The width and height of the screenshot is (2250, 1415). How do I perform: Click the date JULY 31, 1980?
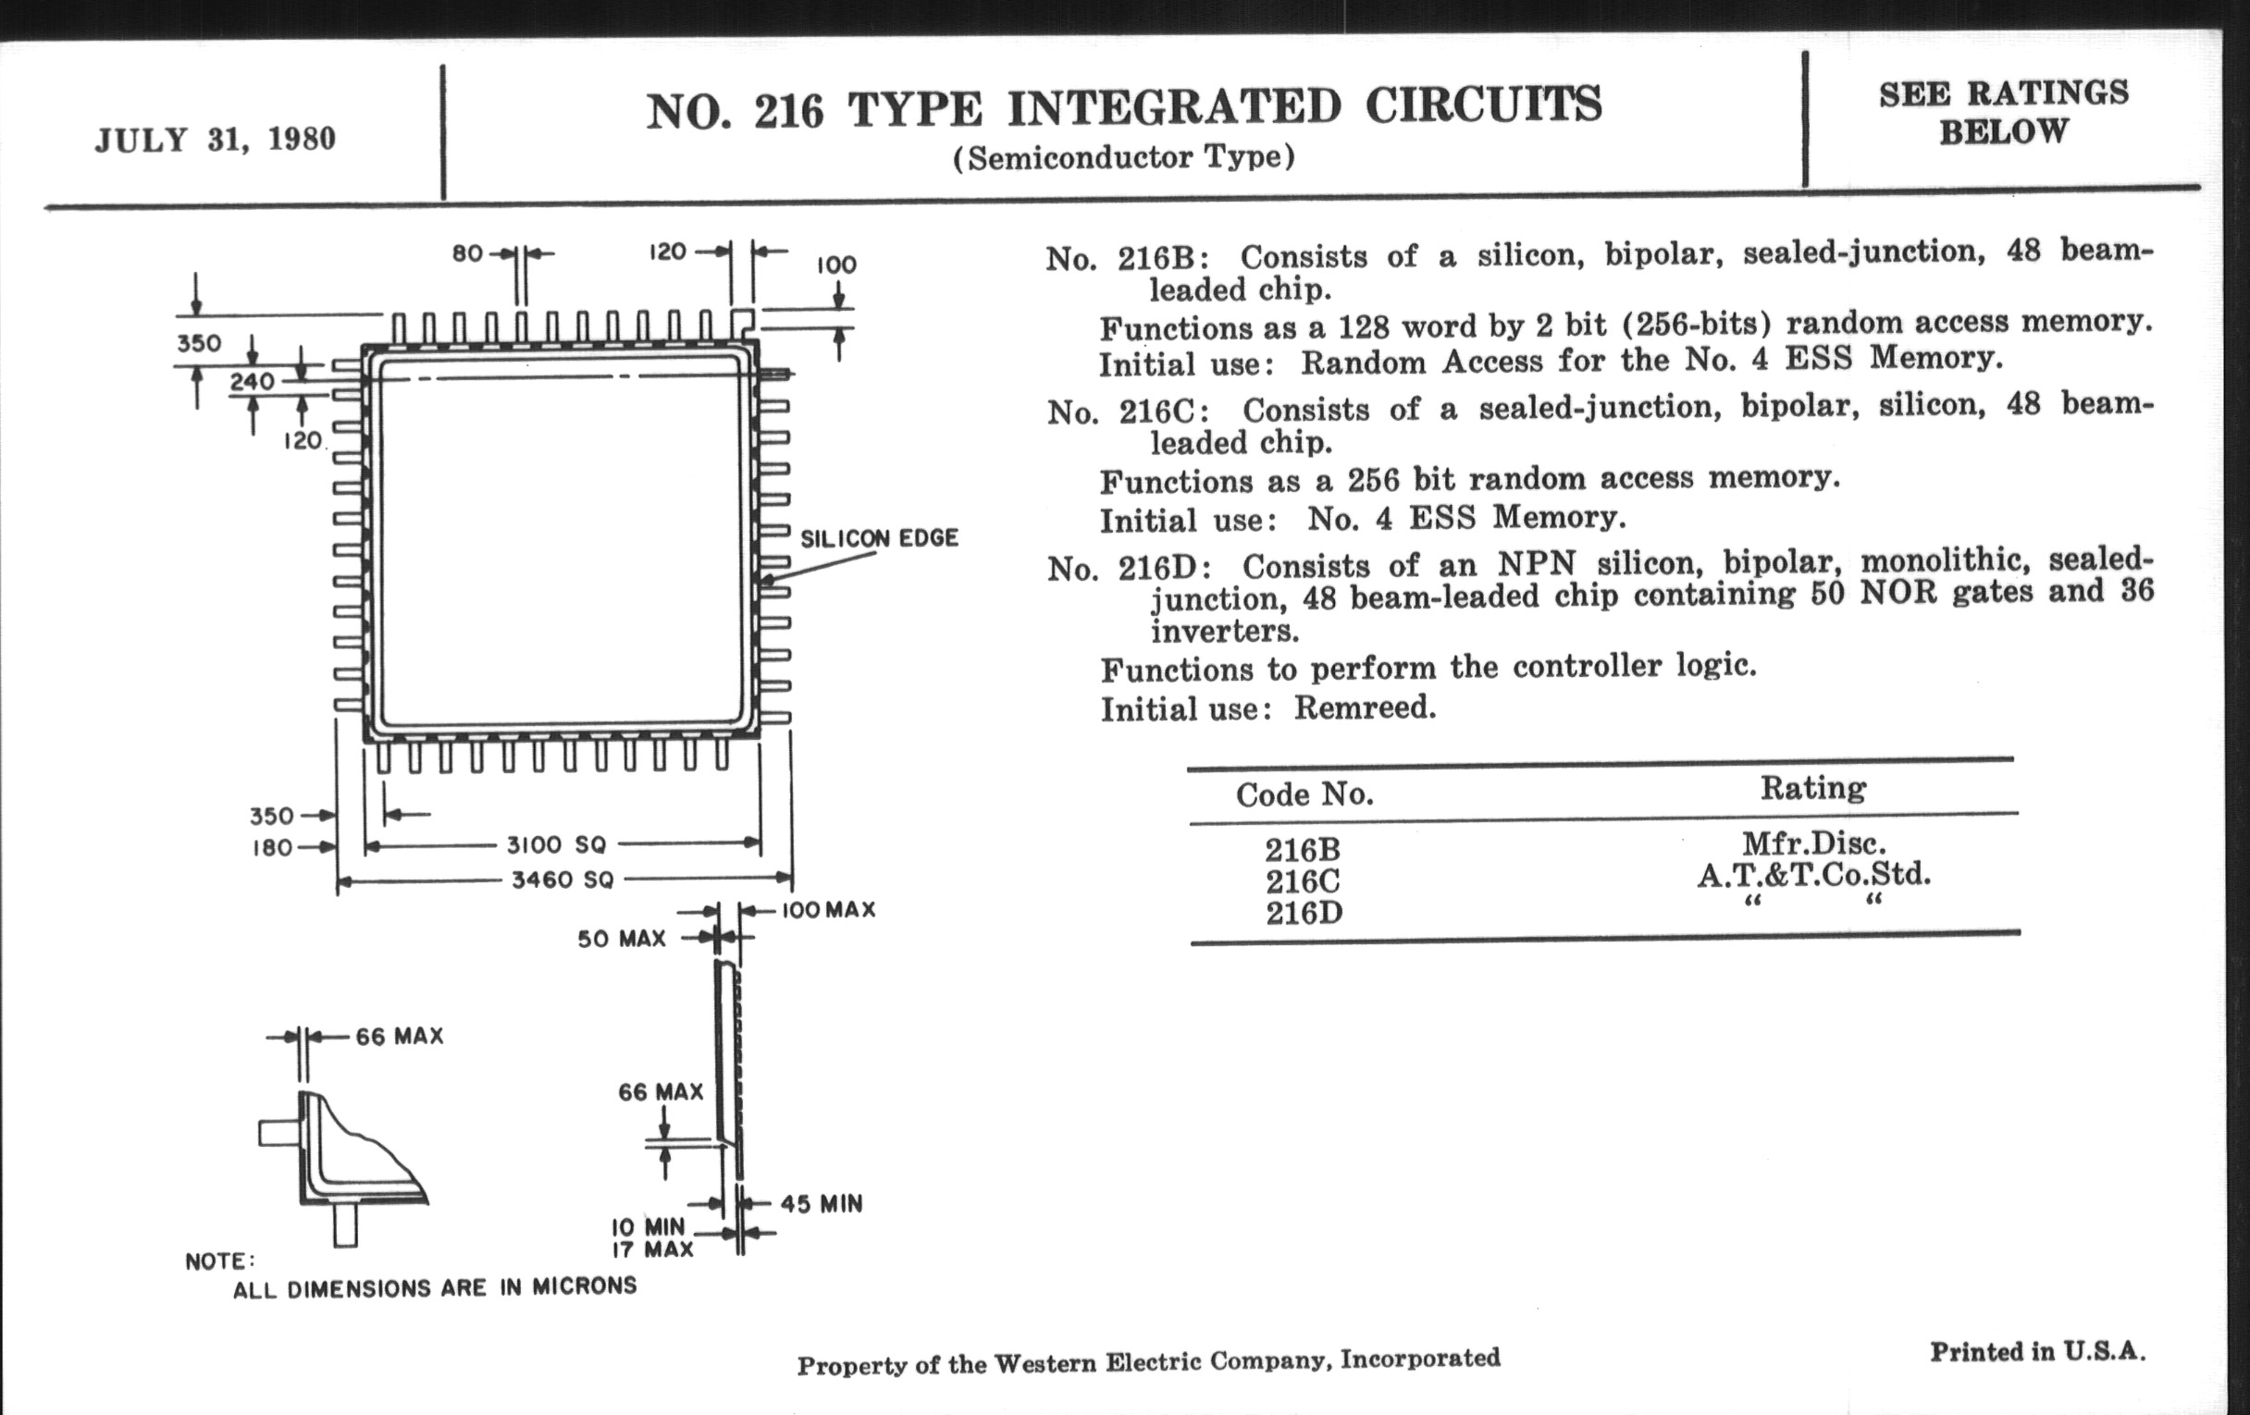click(215, 140)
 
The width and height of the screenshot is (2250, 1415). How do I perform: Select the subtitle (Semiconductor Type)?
click(1124, 157)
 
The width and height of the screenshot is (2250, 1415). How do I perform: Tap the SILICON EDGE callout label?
click(879, 539)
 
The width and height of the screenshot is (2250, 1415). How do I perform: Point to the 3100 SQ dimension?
click(557, 845)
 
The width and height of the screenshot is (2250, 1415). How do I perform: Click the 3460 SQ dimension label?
click(562, 880)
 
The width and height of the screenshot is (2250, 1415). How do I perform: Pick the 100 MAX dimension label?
click(828, 910)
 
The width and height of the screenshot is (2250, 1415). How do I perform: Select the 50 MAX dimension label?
click(622, 939)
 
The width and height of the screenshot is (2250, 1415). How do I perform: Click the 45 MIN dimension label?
click(822, 1204)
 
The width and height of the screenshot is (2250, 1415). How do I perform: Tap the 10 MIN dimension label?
click(649, 1226)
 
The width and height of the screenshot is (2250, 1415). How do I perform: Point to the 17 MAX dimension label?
click(652, 1249)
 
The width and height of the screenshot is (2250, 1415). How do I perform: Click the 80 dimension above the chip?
click(467, 253)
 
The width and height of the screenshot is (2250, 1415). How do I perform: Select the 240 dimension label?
click(253, 381)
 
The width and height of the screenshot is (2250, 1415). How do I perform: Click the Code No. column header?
click(1304, 794)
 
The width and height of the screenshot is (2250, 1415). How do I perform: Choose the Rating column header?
click(1812, 788)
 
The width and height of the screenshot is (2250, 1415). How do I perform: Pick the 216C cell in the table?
click(1303, 880)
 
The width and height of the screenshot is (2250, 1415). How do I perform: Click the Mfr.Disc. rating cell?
click(1813, 843)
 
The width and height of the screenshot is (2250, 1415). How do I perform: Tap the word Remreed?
click(1366, 708)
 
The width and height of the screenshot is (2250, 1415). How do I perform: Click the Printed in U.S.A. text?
click(2038, 1351)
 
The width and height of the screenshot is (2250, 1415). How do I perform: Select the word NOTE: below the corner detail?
click(219, 1261)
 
